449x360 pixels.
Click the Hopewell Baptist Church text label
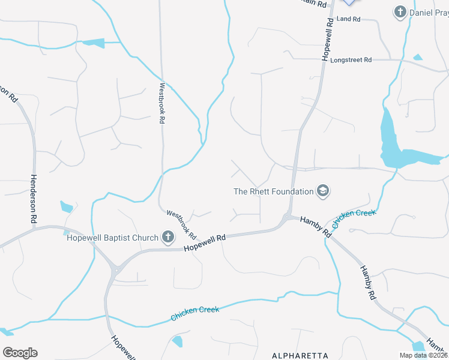(x=112, y=238)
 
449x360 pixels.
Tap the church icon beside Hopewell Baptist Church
(x=167, y=238)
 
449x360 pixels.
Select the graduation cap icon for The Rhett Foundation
(x=323, y=191)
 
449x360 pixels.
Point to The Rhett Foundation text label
(x=274, y=191)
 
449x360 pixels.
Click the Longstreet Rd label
(x=351, y=60)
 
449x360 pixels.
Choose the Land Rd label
(x=348, y=19)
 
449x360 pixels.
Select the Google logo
(x=19, y=353)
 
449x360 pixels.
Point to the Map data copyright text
(x=423, y=355)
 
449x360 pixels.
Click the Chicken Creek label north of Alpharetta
(x=194, y=313)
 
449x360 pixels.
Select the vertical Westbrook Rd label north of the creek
(x=161, y=103)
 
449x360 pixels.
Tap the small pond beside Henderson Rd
(x=66, y=207)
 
